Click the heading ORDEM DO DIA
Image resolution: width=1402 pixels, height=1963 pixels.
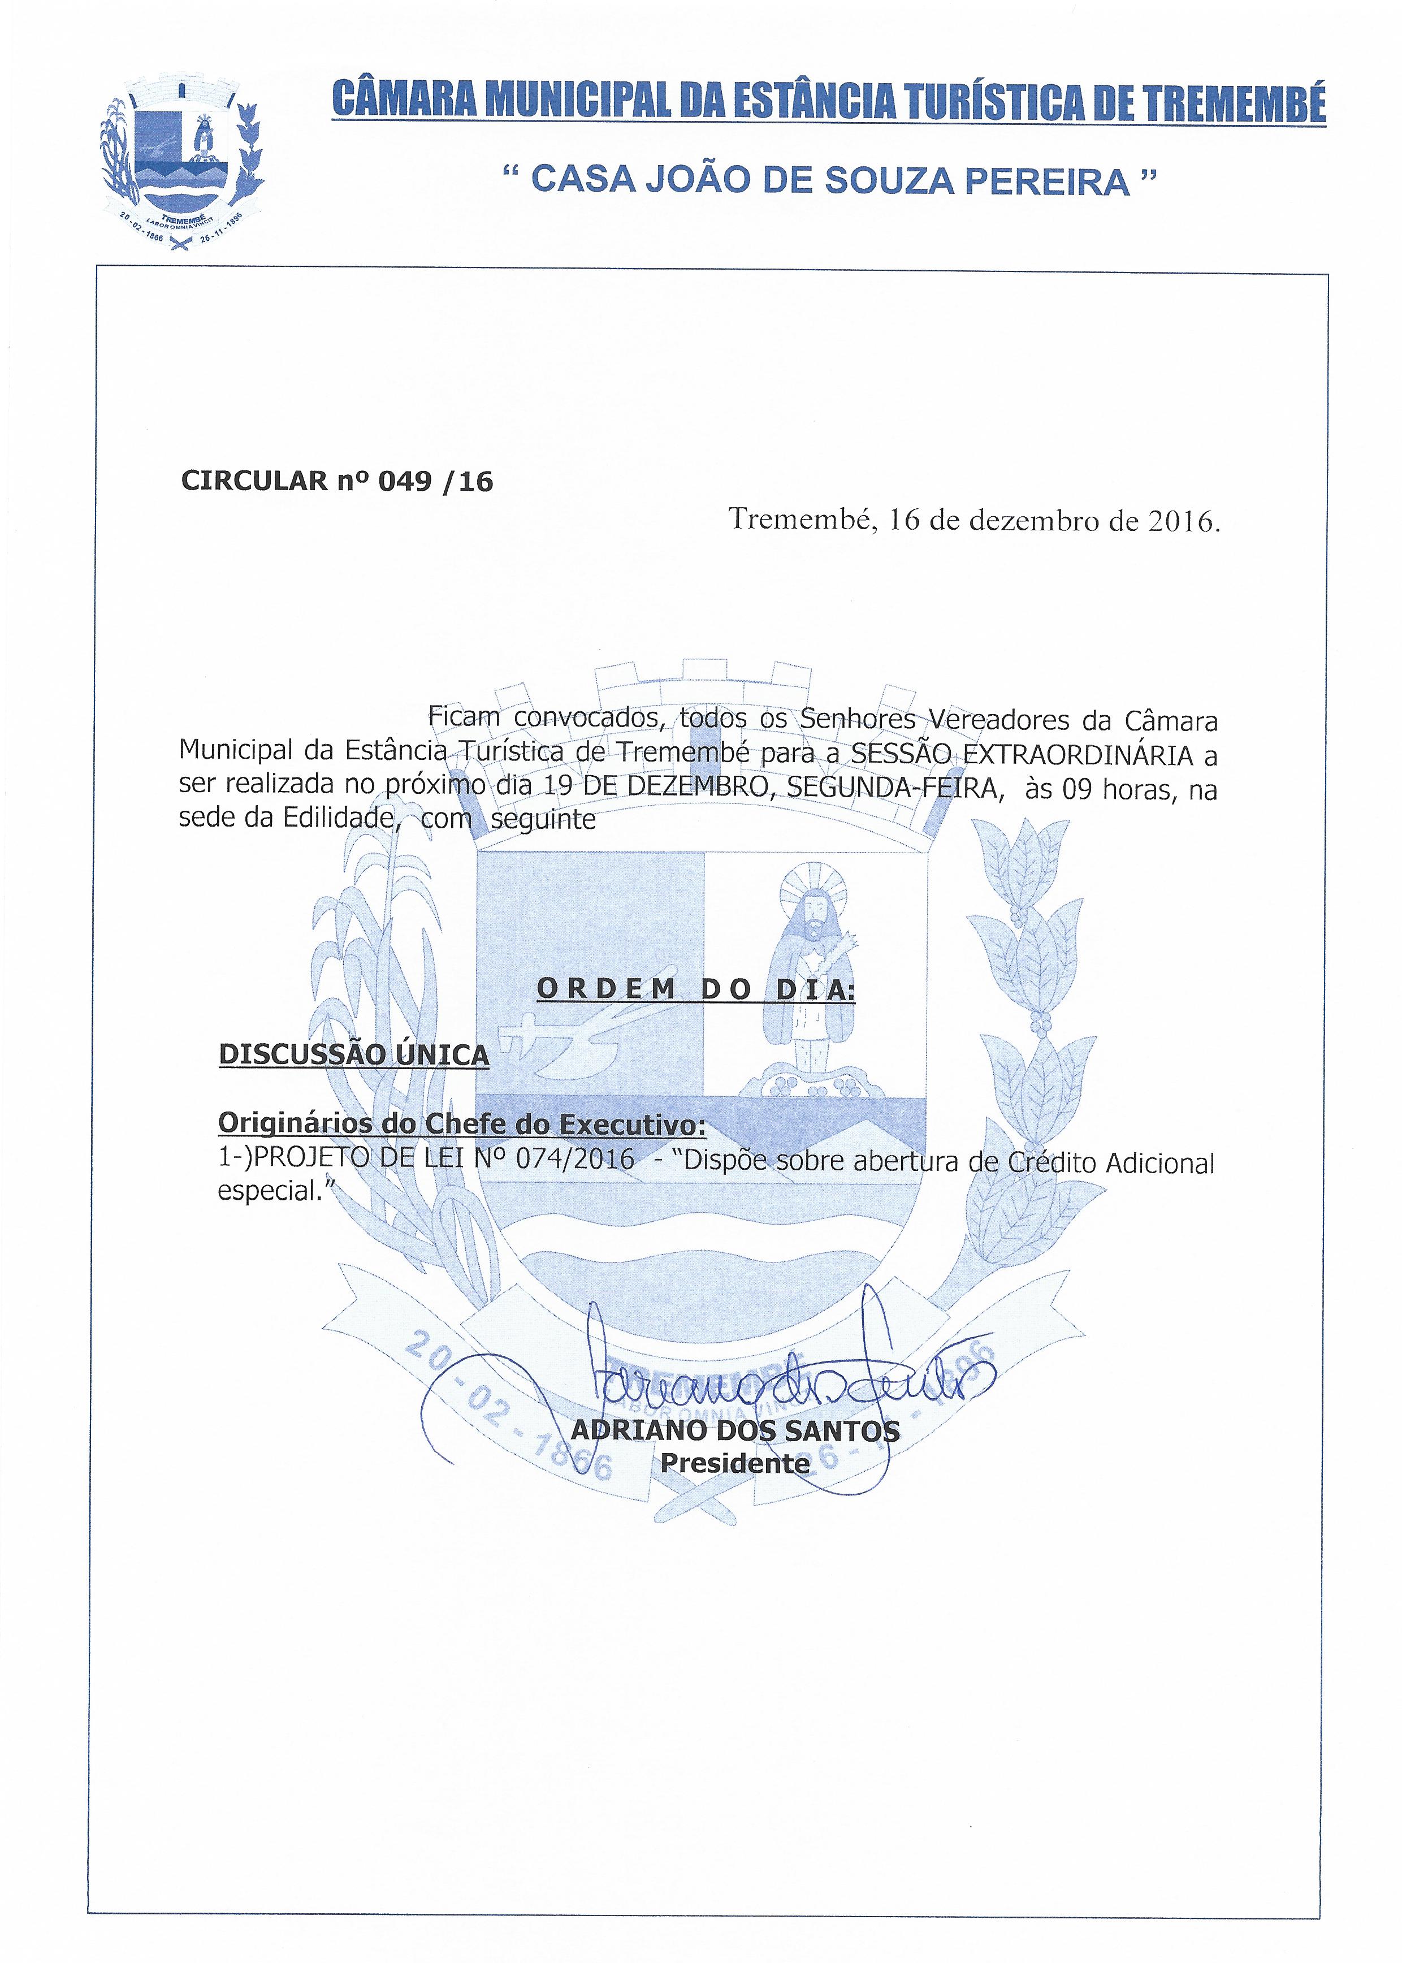pos(695,989)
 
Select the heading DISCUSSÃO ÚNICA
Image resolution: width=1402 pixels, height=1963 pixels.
pos(354,1055)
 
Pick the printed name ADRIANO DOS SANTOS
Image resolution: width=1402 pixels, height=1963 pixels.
pos(735,1431)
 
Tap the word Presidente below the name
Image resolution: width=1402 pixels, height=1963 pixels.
pos(735,1463)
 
